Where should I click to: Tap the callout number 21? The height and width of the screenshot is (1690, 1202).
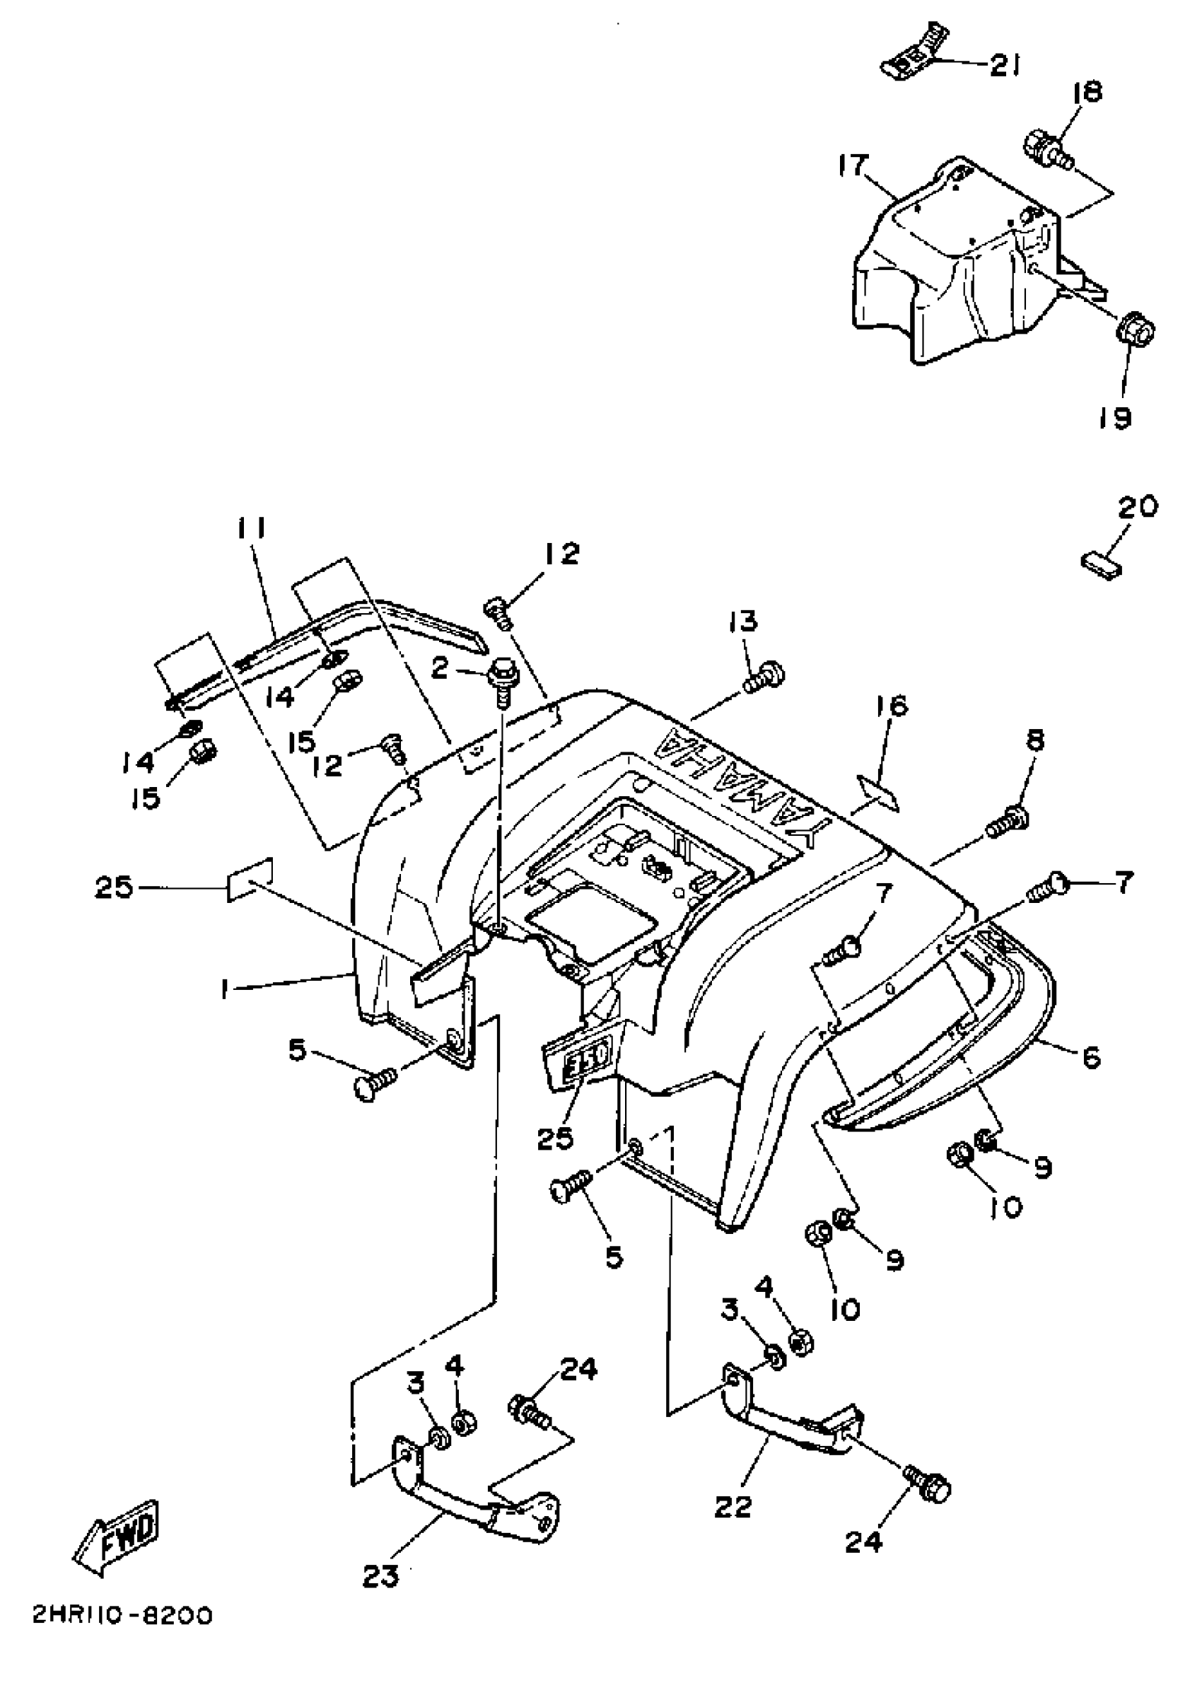click(x=1005, y=66)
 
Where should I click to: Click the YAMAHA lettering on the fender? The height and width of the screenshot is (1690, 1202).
click(x=747, y=785)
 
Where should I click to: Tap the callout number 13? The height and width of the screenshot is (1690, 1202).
click(x=743, y=621)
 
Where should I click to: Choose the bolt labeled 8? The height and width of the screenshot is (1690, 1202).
click(x=1008, y=824)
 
